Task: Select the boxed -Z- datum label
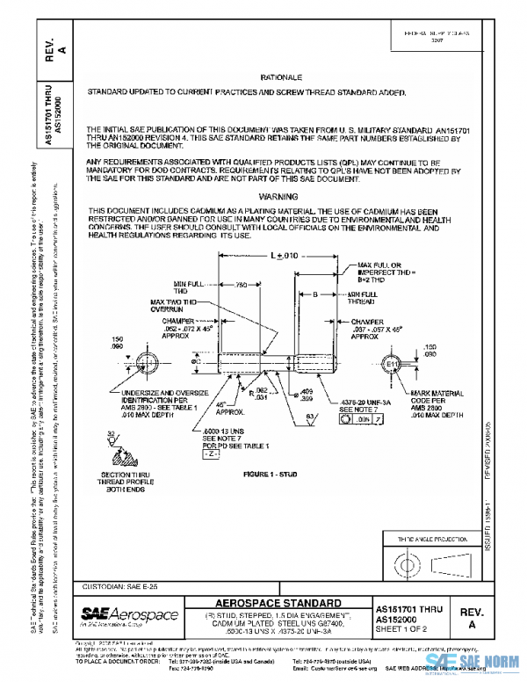[x=210, y=458]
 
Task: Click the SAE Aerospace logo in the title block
[x=128, y=613]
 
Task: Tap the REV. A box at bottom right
[x=472, y=614]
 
